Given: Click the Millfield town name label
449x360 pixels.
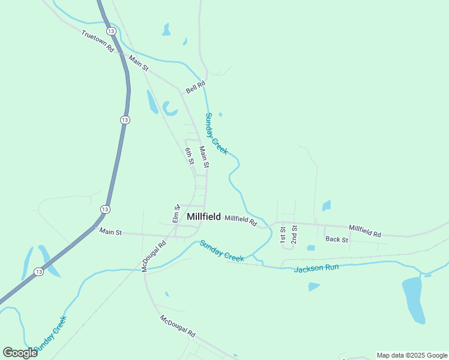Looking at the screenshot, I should [203, 217].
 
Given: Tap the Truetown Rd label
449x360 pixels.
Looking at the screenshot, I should [98, 41].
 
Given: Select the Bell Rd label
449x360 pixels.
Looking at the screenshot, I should [196, 87].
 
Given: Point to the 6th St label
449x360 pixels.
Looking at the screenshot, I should [189, 156].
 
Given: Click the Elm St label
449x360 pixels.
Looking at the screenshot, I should [176, 213].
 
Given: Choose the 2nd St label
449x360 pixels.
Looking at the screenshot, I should [294, 234].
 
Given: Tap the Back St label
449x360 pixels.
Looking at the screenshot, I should [336, 239].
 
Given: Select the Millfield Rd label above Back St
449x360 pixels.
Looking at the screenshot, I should [364, 231].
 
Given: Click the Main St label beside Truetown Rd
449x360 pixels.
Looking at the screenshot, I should [138, 64].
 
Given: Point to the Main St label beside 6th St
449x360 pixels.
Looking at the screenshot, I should [204, 157].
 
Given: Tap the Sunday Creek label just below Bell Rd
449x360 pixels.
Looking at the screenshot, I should [216, 133].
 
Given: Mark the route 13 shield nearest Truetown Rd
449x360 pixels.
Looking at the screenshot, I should [110, 31].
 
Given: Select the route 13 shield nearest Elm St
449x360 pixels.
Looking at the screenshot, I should [105, 209].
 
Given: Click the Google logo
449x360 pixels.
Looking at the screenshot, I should [20, 353].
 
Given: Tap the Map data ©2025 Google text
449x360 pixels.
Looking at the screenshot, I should [412, 355].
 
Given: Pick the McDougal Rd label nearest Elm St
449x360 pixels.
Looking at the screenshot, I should [154, 257].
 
